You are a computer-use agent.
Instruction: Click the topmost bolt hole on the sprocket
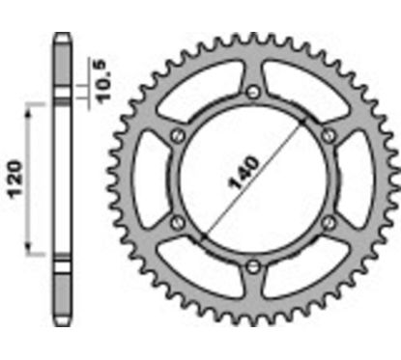click(252, 92)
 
